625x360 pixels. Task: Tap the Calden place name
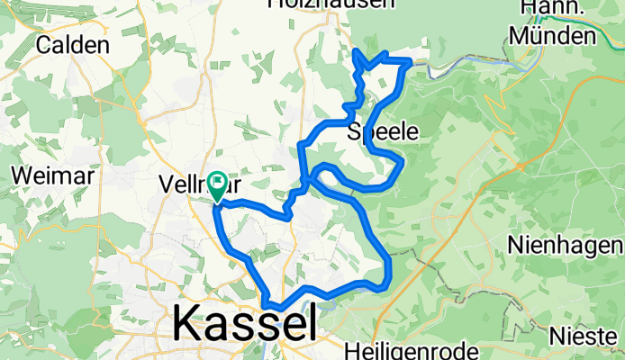tap(74, 45)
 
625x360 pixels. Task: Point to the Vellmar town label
tap(193, 184)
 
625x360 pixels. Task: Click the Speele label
tap(383, 131)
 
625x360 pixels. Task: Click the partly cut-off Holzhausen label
tap(331, 4)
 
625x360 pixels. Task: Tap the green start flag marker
tap(218, 184)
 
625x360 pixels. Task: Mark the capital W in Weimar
tap(21, 175)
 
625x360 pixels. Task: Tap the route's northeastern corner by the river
tap(411, 61)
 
